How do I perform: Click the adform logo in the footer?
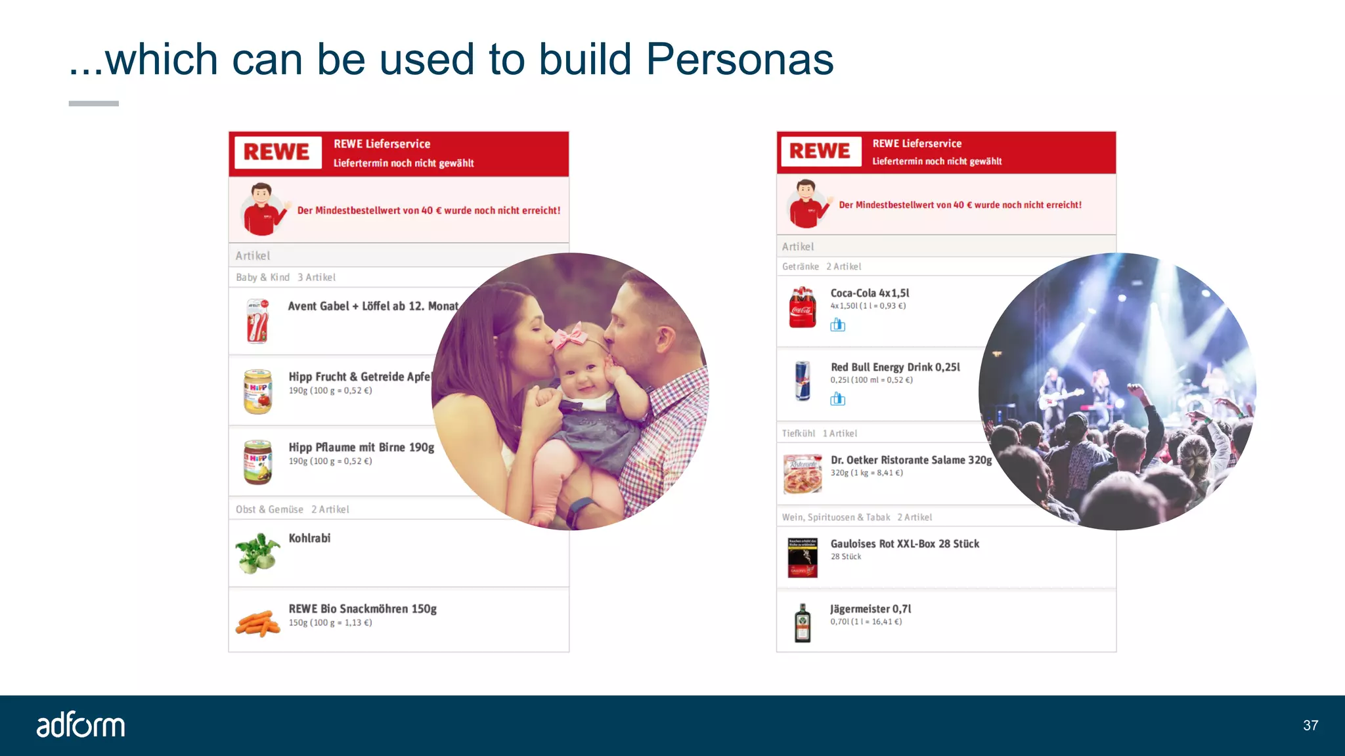(80, 724)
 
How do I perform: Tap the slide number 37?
(1310, 725)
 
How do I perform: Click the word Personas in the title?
(739, 60)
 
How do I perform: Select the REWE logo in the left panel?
(277, 152)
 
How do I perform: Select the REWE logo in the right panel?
(820, 151)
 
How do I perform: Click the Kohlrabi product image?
(257, 553)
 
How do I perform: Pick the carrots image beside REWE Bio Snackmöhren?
(258, 623)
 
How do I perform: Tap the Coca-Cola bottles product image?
(803, 307)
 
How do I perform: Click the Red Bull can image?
(803, 381)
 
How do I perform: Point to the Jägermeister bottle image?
(803, 623)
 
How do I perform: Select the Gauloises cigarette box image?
(803, 557)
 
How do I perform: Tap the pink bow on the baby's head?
(569, 337)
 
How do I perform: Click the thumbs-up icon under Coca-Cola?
(837, 325)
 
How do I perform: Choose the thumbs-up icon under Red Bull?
(837, 399)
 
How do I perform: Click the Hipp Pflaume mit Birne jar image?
(258, 462)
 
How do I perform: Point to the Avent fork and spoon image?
(257, 321)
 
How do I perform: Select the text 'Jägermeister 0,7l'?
(870, 609)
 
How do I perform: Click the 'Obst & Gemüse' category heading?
(269, 509)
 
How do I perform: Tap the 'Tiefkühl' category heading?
(798, 433)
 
